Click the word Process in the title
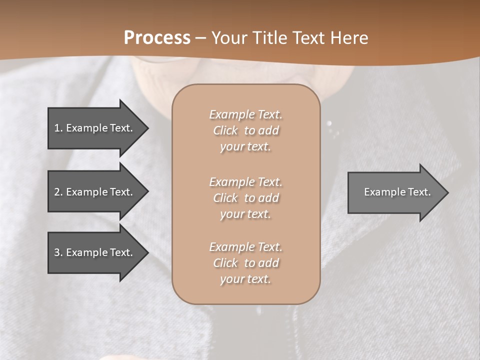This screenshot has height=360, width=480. point(157,38)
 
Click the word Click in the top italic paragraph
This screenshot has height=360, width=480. point(225,131)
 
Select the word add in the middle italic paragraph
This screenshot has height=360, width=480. point(269,198)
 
